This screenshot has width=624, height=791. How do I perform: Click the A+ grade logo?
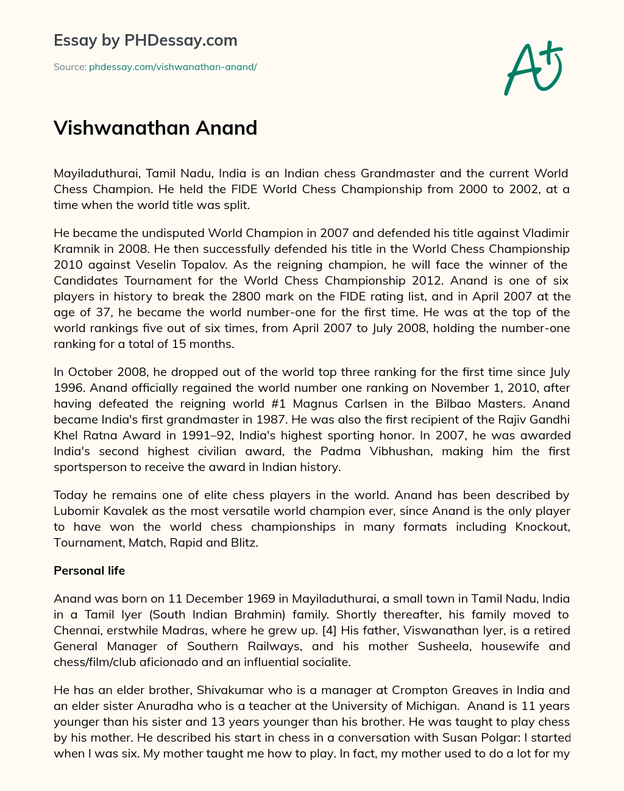point(533,68)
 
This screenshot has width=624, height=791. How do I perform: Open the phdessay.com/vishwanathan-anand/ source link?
point(172,67)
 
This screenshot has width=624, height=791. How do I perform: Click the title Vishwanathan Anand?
point(155,128)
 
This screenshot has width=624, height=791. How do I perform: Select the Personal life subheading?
point(90,571)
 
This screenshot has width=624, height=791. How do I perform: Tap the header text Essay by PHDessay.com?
point(146,41)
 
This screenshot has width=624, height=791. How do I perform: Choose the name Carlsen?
point(350,404)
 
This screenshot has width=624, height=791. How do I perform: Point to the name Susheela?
point(442,647)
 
